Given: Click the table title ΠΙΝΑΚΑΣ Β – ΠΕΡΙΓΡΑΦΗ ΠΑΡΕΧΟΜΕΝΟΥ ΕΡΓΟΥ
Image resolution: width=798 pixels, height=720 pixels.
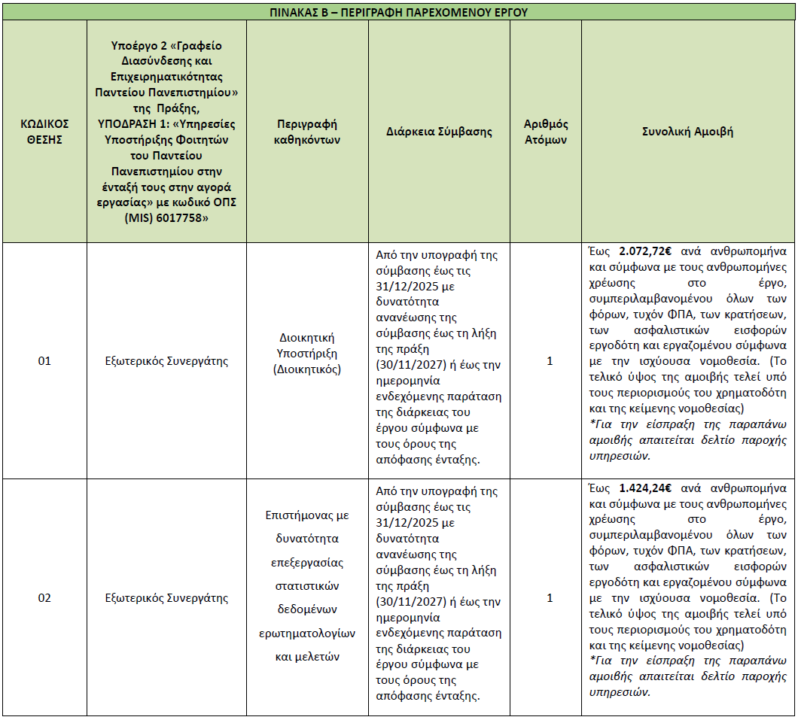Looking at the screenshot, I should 398,11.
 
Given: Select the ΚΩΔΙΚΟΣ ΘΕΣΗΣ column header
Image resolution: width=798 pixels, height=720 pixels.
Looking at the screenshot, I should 44,132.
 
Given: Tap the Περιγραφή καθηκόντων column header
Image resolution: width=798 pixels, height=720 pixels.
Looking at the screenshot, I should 306,132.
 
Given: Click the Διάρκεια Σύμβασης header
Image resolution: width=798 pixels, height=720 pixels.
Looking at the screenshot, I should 439,132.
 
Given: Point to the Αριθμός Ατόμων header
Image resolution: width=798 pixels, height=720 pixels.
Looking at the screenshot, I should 546,132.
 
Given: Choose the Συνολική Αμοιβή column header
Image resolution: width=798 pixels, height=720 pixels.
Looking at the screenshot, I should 687,132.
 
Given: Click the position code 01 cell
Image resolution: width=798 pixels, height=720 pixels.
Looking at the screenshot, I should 44,361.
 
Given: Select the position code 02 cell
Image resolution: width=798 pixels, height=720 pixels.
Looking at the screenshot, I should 44,598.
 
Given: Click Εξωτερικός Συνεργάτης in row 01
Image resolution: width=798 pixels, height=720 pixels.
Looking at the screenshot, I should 166,361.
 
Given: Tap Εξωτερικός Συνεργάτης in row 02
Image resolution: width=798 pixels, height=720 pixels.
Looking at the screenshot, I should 166,598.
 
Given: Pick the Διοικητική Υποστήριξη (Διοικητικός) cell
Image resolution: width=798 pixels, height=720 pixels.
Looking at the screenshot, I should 306,353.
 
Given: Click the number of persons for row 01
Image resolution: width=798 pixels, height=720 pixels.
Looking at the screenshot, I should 550,361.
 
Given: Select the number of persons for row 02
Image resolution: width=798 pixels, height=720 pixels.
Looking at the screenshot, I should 550,598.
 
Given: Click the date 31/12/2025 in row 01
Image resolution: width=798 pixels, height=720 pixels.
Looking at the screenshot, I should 405,287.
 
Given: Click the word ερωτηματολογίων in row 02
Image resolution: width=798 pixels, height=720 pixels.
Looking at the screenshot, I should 306,633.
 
